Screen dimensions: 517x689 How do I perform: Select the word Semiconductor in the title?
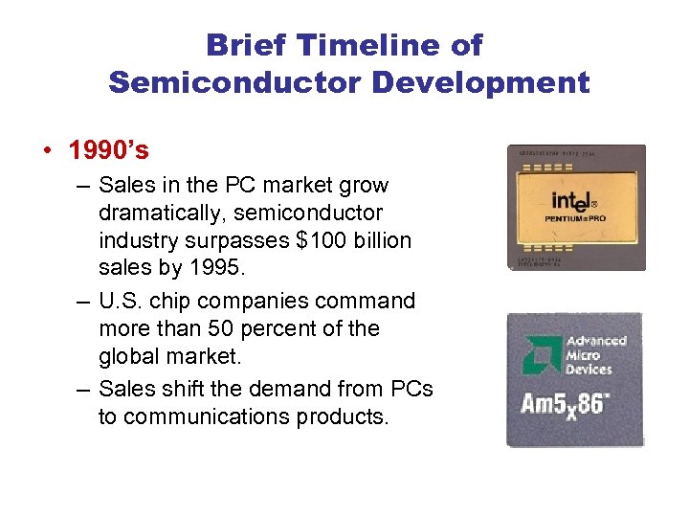click(x=235, y=82)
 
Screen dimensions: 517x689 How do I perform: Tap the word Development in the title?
click(x=480, y=82)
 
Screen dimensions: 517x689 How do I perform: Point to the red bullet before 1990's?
click(x=47, y=152)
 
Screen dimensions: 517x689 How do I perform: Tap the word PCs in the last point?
click(x=411, y=389)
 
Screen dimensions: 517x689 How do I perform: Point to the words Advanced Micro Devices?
click(x=595, y=355)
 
